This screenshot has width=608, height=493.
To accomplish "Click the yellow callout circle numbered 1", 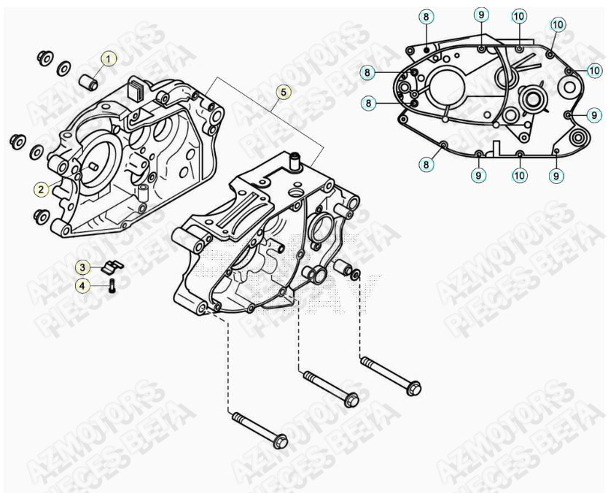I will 108,58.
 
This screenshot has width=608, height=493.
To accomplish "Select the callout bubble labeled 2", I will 42,190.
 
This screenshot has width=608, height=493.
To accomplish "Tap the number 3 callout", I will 84,268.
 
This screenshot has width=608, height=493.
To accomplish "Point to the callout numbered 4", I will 84,286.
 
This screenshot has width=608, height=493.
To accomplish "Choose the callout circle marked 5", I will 283,92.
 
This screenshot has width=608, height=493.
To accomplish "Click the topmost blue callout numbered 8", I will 426,16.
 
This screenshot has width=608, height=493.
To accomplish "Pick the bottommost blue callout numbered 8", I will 426,166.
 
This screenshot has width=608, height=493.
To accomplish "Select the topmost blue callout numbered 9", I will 480,15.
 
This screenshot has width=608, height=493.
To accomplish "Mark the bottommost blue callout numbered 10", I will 519,175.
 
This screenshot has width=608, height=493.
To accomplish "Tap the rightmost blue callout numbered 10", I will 593,71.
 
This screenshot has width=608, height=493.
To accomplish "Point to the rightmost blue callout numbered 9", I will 593,115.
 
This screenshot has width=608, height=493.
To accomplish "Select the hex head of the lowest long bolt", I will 278,441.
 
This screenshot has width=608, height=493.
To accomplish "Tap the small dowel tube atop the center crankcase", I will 295,158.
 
